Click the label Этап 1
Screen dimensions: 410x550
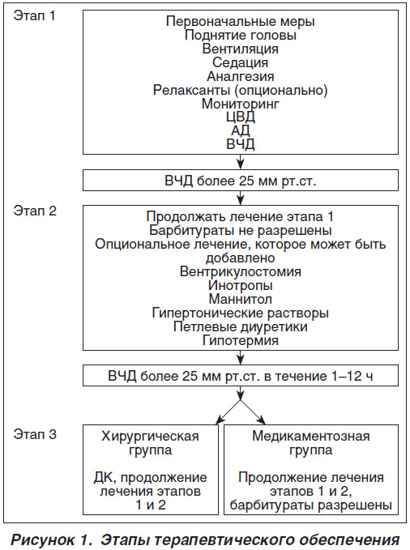coord(34,15)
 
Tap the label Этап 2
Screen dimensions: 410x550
coord(35,211)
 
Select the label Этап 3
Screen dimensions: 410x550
coord(35,434)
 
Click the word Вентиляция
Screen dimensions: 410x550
coord(241,49)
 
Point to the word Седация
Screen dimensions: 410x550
coord(241,62)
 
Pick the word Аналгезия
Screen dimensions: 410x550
coord(241,76)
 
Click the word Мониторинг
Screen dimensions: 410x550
coord(241,104)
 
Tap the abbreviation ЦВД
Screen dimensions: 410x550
coord(241,117)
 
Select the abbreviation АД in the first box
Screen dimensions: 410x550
coord(241,130)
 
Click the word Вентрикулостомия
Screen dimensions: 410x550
coord(241,271)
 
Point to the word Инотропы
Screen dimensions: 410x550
coord(241,285)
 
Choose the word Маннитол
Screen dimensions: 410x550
coord(241,299)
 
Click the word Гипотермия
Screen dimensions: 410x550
coord(241,340)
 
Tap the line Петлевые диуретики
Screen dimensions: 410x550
coord(241,326)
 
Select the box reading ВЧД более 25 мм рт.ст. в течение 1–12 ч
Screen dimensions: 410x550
coord(241,376)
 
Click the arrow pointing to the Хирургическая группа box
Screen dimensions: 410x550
coord(228,411)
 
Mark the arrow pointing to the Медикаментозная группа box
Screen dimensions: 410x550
coord(253,411)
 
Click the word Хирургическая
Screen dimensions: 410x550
coord(150,437)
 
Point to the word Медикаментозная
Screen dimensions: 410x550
coord(311,436)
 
